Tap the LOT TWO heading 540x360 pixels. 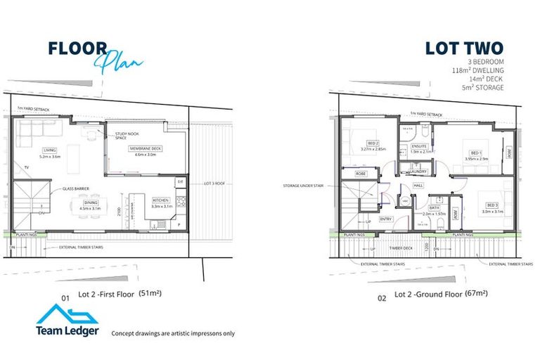pos(463,49)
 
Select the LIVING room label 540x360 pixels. pos(49,150)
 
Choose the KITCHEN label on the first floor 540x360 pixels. pos(161,200)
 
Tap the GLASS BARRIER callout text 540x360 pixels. pos(76,188)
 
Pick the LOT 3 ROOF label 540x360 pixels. pos(213,183)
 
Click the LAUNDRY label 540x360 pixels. pos(418,171)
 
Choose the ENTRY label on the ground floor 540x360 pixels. pos(386,219)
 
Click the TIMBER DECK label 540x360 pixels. pos(401,247)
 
